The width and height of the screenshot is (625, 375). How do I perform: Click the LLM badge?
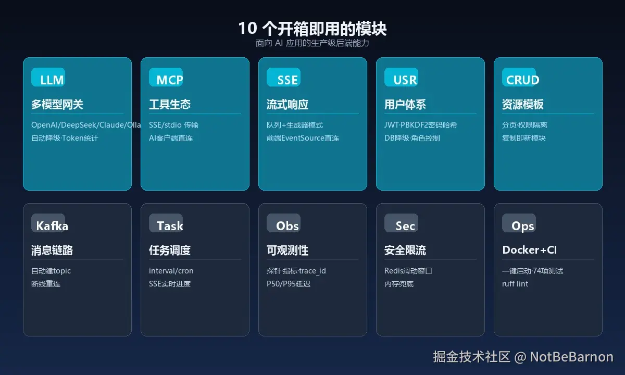tap(48, 77)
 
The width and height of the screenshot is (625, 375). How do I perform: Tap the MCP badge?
tap(166, 77)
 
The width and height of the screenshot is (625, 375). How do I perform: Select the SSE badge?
tap(283, 77)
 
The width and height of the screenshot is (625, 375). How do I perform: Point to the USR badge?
tap(401, 77)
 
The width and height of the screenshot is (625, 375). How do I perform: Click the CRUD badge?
tap(519, 77)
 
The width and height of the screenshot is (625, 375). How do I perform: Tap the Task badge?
tap(166, 223)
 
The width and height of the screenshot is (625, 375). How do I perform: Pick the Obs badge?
tap(283, 223)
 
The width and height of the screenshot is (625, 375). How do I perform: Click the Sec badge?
tap(401, 223)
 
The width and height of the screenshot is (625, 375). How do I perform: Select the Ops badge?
tap(519, 223)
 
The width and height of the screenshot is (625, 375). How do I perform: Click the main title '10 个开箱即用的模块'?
tap(312, 29)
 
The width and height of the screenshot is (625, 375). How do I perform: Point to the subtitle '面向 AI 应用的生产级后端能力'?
tap(312, 43)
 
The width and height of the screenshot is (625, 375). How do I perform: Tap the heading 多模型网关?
tap(57, 104)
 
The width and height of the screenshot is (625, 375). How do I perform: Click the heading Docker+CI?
tap(529, 250)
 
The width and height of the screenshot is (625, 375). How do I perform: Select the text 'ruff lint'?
tap(515, 284)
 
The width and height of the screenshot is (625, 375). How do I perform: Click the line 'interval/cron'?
tap(171, 271)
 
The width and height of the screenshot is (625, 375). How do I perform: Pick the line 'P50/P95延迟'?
tap(289, 284)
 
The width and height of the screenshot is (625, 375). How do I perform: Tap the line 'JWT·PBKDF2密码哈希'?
tap(420, 124)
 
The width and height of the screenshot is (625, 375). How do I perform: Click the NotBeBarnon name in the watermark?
tap(571, 357)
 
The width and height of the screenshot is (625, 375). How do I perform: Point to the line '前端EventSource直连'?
tap(303, 138)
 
